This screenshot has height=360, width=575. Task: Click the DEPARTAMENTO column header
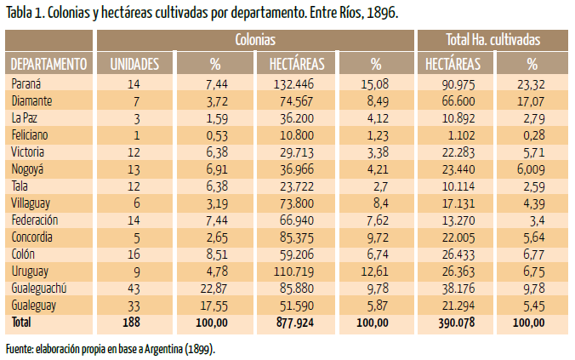pyautogui.click(x=48, y=64)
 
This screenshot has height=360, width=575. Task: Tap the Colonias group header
pyautogui.click(x=255, y=40)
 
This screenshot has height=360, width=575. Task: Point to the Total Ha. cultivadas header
pyautogui.click(x=492, y=40)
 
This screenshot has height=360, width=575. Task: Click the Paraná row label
pyautogui.click(x=26, y=83)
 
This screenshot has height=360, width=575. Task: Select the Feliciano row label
pyautogui.click(x=31, y=134)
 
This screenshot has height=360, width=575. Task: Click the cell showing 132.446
pyautogui.click(x=295, y=83)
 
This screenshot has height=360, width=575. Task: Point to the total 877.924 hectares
pyautogui.click(x=295, y=323)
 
